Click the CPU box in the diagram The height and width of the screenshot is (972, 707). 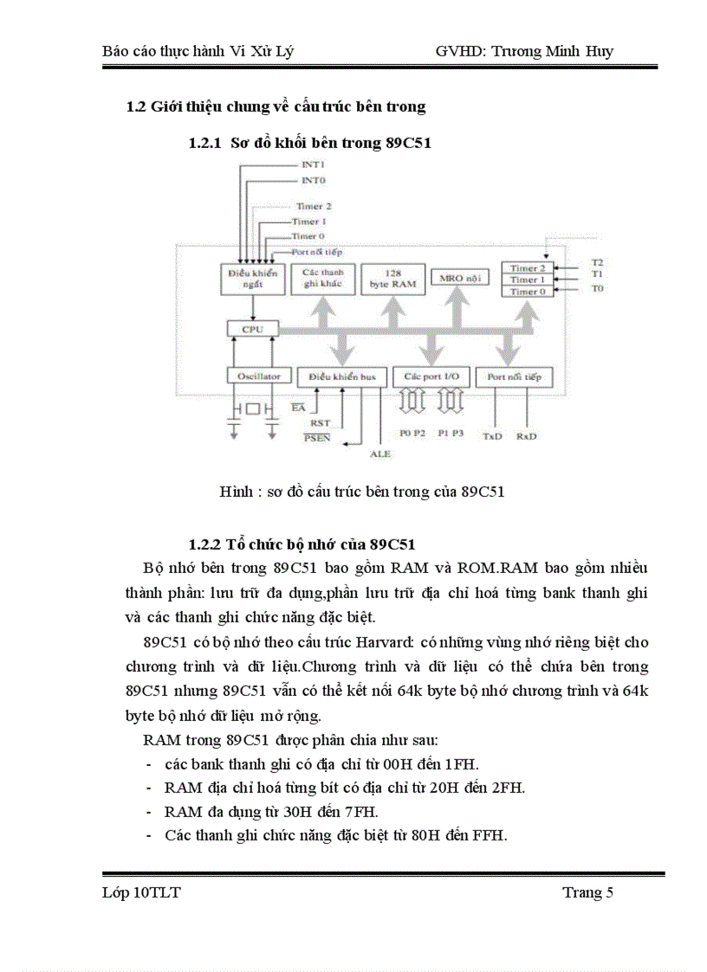(252, 330)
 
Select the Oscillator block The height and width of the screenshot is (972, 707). (252, 377)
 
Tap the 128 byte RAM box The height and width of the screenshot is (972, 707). (392, 278)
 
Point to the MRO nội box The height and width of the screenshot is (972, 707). (460, 278)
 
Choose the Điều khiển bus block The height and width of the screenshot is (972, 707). (339, 377)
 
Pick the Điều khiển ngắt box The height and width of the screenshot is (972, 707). (252, 278)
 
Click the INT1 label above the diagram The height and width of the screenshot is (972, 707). (313, 164)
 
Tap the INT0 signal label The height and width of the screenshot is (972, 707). (313, 180)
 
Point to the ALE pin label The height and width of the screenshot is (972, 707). (380, 453)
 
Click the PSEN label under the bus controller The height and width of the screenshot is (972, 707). (317, 438)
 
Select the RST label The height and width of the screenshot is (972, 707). (320, 422)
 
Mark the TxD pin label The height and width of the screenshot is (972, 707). (492, 436)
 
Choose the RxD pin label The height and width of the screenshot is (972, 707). (526, 436)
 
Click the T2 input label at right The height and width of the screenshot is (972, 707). (597, 261)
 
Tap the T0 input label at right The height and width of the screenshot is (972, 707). (597, 287)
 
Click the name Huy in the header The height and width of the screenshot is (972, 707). (599, 51)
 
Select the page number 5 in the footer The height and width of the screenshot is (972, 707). (609, 893)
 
